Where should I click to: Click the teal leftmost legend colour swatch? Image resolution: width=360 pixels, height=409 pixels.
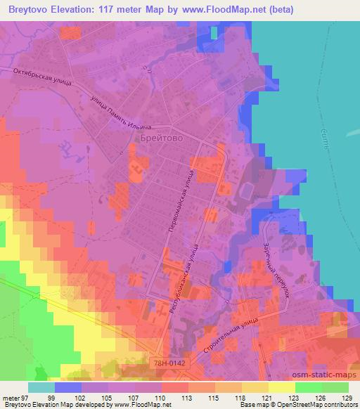40,387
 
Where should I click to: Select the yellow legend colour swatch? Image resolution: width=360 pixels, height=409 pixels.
281,387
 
